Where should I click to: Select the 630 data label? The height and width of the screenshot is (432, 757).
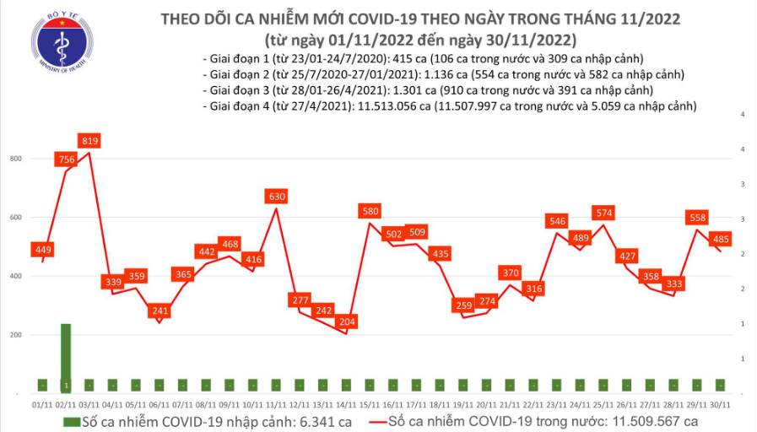point(277,197)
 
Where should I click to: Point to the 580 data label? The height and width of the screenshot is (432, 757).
point(370,211)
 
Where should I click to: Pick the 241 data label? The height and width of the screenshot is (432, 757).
point(159,310)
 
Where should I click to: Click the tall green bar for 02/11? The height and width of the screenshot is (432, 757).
point(66,358)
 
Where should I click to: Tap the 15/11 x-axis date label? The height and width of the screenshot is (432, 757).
point(370,405)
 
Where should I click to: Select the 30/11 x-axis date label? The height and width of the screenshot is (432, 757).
point(719,405)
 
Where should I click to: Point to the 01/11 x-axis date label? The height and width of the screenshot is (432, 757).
point(42,405)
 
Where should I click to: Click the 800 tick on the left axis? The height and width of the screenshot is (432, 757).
point(16,159)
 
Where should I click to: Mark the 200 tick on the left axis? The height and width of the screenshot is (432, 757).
point(16,335)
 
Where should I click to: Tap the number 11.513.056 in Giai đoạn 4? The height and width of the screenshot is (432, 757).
point(387,106)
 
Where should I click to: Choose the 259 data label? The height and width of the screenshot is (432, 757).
point(462,305)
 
